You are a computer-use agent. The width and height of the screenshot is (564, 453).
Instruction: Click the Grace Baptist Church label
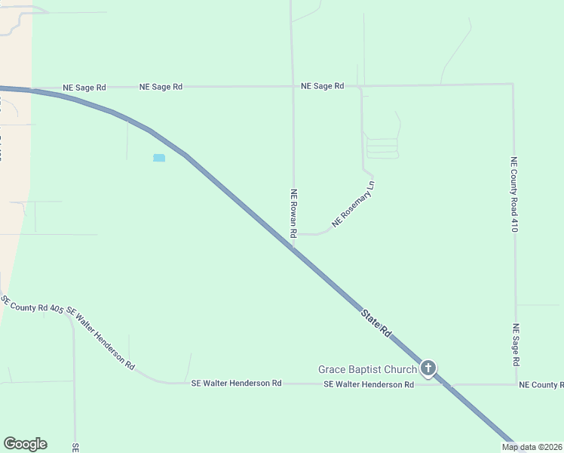[x=367, y=369]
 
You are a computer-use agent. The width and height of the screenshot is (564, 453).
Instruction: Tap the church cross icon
[x=428, y=368]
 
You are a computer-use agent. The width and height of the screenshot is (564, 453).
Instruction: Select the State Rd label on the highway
[x=375, y=322]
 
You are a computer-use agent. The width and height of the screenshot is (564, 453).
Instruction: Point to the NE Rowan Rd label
[x=294, y=214]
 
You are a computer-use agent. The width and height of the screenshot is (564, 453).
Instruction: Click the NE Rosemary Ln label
[x=353, y=204]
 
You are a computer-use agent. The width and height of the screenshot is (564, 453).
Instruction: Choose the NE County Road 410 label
[x=514, y=194]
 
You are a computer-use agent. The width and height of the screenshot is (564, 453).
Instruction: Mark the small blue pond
[x=159, y=158]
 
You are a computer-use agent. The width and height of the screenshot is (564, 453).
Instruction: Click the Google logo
[x=25, y=444]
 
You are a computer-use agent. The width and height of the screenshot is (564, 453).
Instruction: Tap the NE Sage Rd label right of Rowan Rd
[x=322, y=86]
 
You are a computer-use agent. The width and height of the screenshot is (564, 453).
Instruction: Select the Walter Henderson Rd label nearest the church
[x=369, y=384]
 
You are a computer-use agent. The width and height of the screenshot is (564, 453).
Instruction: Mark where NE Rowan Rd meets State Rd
[x=293, y=244]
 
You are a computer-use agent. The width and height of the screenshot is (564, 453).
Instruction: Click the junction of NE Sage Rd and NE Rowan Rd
[x=293, y=86]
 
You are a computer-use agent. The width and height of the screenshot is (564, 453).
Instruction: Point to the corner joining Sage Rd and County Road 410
[x=513, y=84]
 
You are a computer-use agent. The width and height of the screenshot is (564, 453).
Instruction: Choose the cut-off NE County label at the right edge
[x=541, y=385]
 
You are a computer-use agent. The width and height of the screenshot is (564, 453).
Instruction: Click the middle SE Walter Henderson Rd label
[x=237, y=384]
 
